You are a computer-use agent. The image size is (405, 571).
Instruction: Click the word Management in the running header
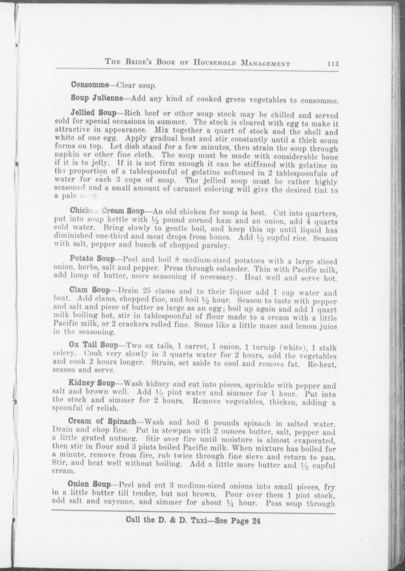[x=265, y=64]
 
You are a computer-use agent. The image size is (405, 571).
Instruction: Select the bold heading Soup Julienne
[x=97, y=98]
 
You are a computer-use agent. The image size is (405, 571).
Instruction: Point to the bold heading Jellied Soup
[x=93, y=113]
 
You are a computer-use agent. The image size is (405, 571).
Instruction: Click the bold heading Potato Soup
[x=92, y=259]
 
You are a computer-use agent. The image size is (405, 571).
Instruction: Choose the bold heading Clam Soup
[x=89, y=290]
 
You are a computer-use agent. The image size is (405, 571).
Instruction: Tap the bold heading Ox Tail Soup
[x=93, y=345]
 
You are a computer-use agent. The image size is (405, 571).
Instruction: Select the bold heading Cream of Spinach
[x=102, y=421]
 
